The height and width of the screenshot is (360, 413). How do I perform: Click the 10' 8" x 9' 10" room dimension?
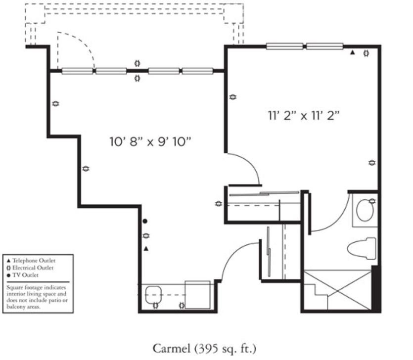(x=150, y=142)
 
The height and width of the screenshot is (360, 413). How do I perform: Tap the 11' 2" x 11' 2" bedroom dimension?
(x=304, y=115)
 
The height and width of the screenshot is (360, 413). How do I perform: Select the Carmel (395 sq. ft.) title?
(x=204, y=349)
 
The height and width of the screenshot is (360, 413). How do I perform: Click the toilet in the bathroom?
(x=362, y=249)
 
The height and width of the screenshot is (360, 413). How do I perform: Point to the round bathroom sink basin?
(x=365, y=210)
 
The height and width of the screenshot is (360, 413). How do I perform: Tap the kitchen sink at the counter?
(x=153, y=295)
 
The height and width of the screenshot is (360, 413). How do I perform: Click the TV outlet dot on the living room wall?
(x=145, y=221)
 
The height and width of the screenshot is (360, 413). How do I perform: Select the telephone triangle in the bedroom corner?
(x=353, y=53)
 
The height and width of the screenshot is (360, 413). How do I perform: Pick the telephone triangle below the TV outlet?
(x=146, y=249)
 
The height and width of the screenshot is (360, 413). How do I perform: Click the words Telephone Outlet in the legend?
(x=34, y=261)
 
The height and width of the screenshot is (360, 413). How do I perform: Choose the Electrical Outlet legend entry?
(x=30, y=268)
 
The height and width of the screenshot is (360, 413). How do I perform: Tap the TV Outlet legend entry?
(x=23, y=275)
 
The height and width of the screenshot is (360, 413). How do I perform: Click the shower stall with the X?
(x=338, y=290)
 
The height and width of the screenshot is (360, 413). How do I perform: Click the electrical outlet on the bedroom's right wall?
(x=372, y=163)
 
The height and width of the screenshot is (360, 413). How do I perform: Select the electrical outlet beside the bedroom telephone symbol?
(x=366, y=53)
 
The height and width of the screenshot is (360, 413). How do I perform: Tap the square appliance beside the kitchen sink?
(x=197, y=295)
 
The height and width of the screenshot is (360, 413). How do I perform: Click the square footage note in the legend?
(x=37, y=297)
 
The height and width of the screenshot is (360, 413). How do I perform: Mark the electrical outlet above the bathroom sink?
(x=372, y=201)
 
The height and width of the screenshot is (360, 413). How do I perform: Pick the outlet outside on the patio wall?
(x=137, y=63)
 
